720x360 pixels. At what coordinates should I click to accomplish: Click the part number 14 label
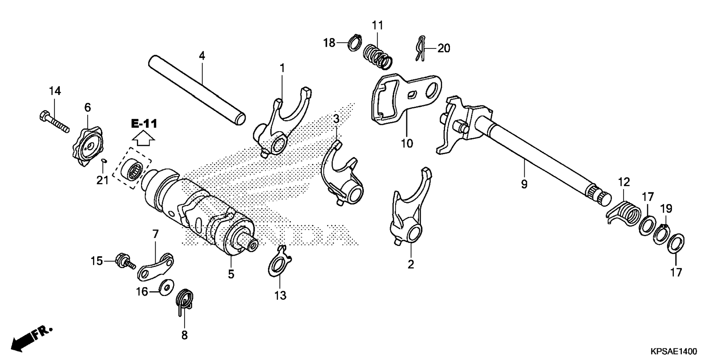coord(55,91)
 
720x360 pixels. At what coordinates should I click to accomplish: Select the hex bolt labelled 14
coord(54,122)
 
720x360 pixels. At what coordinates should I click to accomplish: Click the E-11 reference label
coord(144,123)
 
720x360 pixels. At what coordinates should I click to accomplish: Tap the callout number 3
coord(336,119)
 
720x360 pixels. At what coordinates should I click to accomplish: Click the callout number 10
coord(407,143)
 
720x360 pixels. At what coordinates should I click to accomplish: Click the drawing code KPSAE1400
coord(674,351)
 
